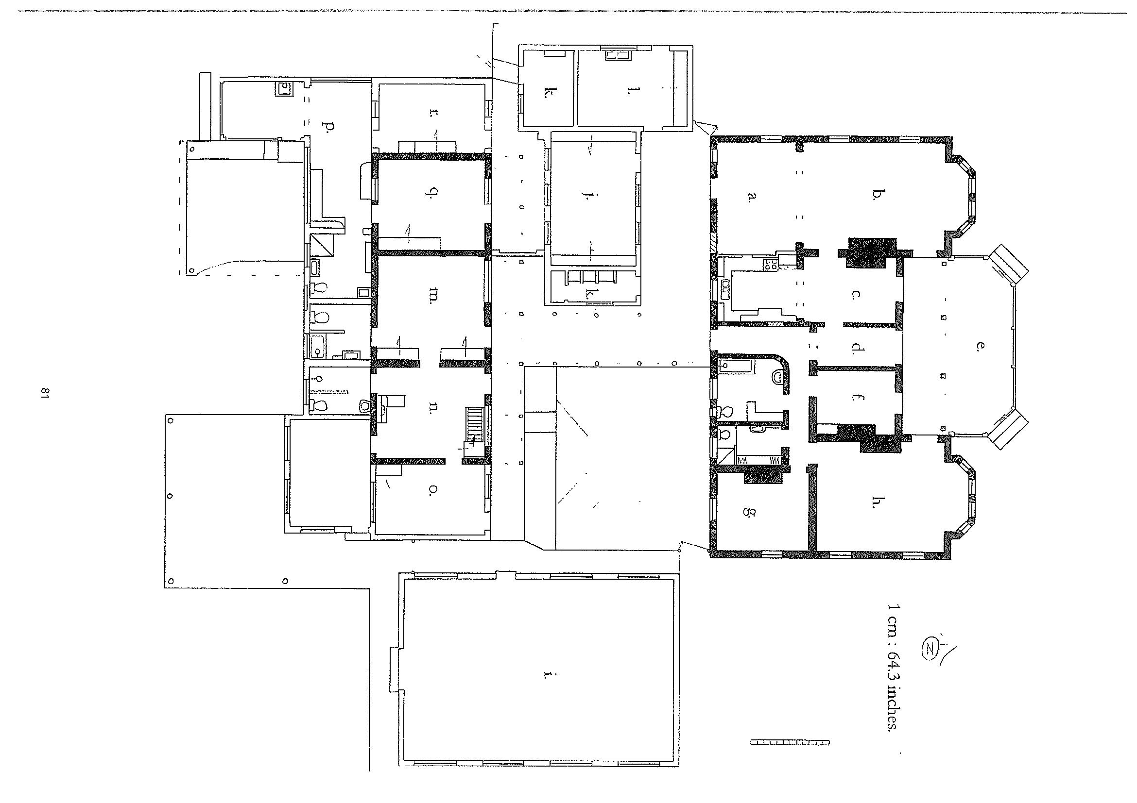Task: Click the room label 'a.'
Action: coord(752,198)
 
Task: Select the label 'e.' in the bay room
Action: coord(978,346)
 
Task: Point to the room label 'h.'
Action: coord(877,502)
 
